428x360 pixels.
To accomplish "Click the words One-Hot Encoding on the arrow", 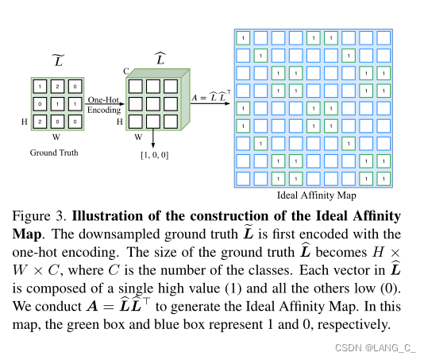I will [103, 105].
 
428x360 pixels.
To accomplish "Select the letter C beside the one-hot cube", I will [125, 71].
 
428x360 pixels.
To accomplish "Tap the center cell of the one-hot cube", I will [152, 103].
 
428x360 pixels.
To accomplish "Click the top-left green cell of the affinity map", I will [243, 37].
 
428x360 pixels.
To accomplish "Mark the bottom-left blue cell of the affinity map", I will [243, 179].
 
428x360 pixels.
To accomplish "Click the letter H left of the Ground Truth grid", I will [23, 122].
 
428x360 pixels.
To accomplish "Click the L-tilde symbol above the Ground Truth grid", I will [56, 62].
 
